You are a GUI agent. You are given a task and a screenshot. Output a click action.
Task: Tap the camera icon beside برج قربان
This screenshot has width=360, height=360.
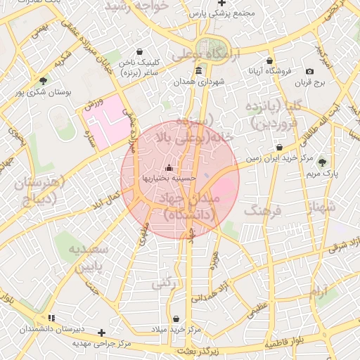(309, 72)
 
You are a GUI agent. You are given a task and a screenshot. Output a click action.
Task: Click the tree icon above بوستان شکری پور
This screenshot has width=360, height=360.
(44, 81)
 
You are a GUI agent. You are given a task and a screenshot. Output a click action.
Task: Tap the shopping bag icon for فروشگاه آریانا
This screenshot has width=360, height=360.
(269, 61)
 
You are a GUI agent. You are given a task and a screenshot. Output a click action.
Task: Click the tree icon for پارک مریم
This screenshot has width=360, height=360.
(323, 162)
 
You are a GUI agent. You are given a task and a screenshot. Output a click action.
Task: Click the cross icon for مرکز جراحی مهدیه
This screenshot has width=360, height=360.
(102, 332)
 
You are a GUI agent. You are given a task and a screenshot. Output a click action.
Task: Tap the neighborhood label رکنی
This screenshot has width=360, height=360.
(164, 283)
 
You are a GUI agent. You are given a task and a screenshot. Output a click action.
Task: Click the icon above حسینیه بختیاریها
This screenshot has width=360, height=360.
(168, 168)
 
